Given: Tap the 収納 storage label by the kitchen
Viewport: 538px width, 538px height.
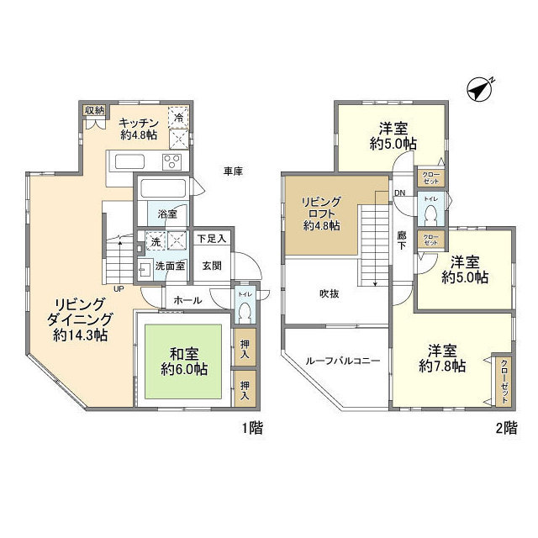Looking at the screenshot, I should click(93, 110).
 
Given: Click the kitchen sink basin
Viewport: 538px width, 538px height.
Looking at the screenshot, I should click(129, 161).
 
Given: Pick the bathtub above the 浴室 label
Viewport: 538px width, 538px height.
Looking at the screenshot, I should click(163, 188).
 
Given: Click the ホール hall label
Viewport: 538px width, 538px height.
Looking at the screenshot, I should click(187, 298).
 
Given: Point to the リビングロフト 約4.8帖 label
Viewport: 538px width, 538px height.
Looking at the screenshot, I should click(322, 213).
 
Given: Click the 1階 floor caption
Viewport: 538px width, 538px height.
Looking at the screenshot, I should click(252, 429).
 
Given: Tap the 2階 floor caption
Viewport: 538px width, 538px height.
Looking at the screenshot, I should click(506, 429).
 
